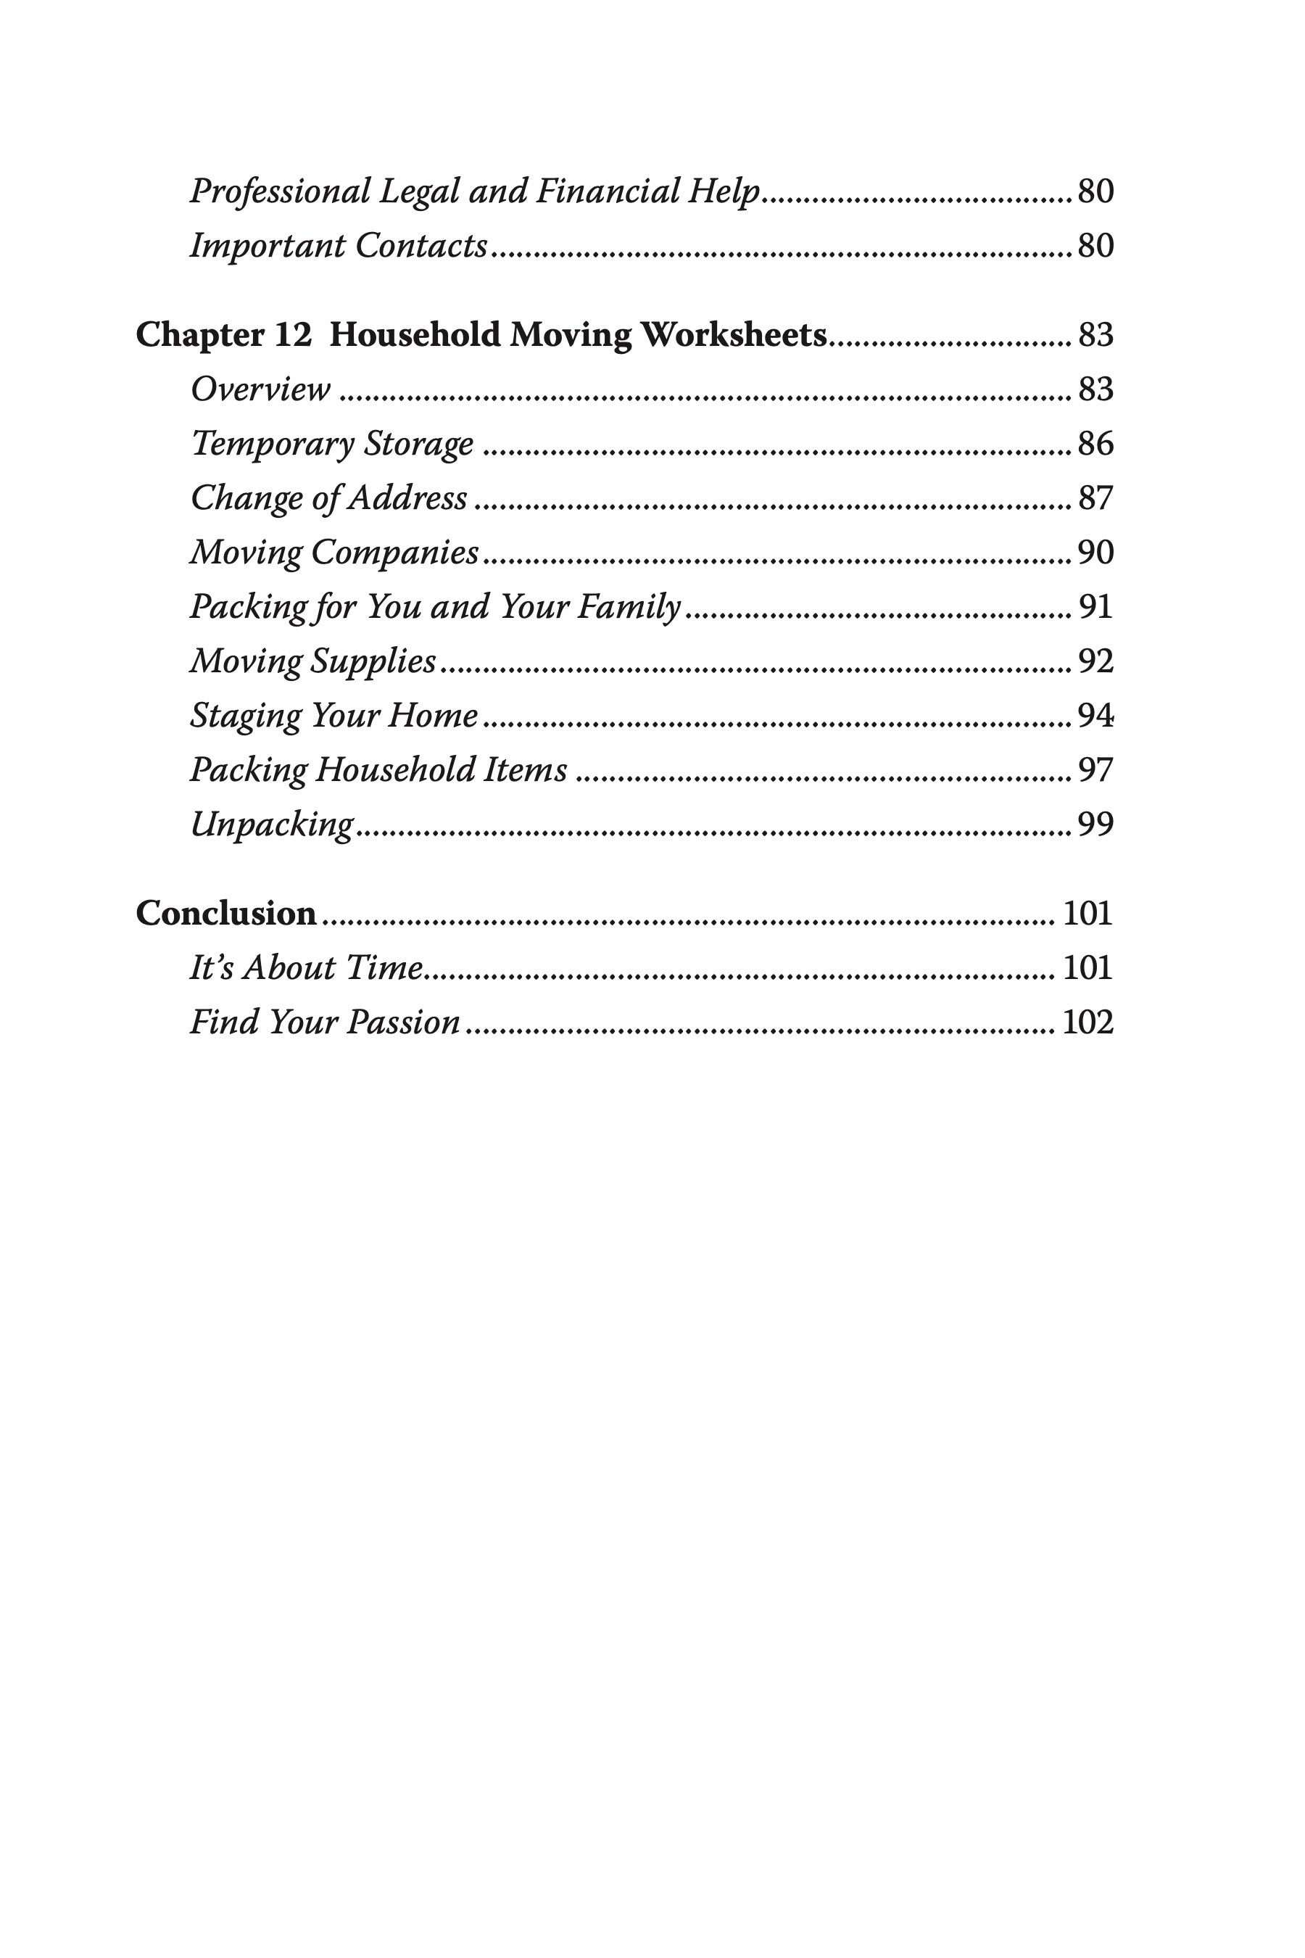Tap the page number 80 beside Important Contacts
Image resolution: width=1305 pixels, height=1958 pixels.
(x=1095, y=247)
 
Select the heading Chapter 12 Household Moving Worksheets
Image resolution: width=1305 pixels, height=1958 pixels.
(x=481, y=336)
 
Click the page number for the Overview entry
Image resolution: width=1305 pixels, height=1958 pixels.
(x=1095, y=389)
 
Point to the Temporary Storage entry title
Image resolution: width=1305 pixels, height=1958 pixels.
(x=332, y=444)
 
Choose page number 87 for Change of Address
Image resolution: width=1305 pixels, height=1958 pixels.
(x=1095, y=497)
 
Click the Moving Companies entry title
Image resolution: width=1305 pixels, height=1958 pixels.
(x=334, y=553)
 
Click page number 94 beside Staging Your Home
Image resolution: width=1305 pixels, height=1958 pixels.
(x=1095, y=716)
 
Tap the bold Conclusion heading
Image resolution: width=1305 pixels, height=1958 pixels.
(x=225, y=914)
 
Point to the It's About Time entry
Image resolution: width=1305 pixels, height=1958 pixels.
(x=306, y=968)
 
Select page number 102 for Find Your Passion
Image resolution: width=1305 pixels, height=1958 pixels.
(x=1087, y=1023)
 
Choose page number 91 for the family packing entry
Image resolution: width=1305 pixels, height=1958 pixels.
(x=1095, y=607)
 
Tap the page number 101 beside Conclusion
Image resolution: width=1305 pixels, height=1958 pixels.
(x=1087, y=914)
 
